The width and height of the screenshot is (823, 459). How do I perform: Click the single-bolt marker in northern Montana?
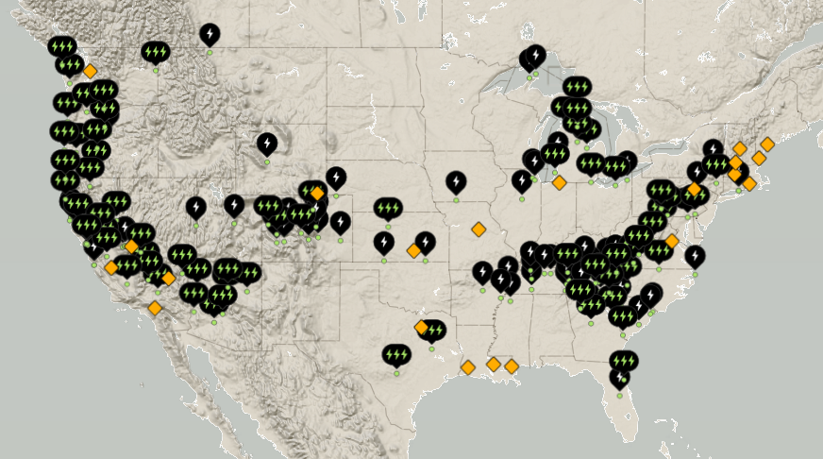(210, 35)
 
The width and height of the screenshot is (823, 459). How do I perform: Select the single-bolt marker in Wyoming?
(267, 144)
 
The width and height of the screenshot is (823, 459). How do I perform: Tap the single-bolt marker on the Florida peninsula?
(619, 379)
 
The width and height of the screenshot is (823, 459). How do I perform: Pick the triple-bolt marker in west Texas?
(396, 355)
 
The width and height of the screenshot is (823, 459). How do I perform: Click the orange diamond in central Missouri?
(479, 229)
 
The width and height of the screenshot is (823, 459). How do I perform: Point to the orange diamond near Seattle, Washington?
(90, 71)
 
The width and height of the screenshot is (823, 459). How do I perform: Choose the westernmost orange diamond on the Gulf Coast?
(468, 367)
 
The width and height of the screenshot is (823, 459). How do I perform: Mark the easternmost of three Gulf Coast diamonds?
(512, 366)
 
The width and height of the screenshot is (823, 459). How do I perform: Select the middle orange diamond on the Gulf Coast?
(494, 365)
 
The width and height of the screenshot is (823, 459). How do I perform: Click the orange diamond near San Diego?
(155, 308)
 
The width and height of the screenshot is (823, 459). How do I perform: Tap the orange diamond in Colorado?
(317, 194)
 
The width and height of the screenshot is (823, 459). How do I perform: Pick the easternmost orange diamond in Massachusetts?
(767, 144)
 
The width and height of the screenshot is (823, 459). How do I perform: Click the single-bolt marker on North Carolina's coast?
(695, 256)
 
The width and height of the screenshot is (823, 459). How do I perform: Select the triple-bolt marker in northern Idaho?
(156, 52)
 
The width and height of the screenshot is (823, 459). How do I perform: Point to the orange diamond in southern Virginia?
(672, 241)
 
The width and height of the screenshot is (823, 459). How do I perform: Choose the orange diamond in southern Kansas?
(413, 250)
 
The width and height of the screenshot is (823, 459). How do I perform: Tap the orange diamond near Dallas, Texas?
(421, 328)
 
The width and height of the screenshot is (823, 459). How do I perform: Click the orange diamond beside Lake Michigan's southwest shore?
(559, 182)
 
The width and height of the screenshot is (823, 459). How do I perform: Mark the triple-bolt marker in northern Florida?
(623, 361)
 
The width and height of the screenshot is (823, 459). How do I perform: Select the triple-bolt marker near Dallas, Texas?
(433, 331)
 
